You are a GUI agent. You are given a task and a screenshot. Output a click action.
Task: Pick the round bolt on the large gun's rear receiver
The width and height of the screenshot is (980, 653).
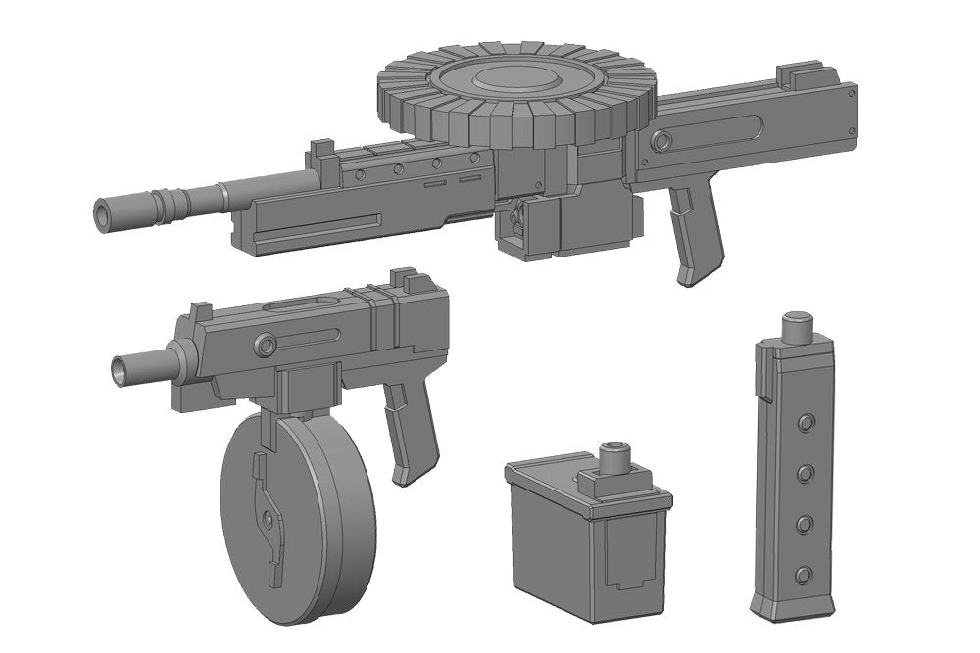point(662,142)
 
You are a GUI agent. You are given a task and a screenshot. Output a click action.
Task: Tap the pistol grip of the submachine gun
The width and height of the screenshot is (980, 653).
point(410,431)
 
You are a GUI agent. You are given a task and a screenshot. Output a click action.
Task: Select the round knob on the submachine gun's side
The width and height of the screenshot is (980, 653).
point(265,345)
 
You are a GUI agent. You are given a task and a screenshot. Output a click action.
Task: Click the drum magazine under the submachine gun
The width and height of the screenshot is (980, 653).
point(294,514)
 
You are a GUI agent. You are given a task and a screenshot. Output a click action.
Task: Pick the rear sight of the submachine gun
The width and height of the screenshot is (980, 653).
point(403,278)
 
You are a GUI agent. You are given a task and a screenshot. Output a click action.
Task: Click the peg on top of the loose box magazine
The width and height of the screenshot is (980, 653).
point(616,455)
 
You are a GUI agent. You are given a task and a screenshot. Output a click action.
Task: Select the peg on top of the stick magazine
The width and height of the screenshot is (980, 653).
point(799,323)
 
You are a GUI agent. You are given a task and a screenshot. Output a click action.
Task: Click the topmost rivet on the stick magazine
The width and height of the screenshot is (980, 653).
point(806,422)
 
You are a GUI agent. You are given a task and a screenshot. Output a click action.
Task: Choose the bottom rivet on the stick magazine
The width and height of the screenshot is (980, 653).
point(804,574)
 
